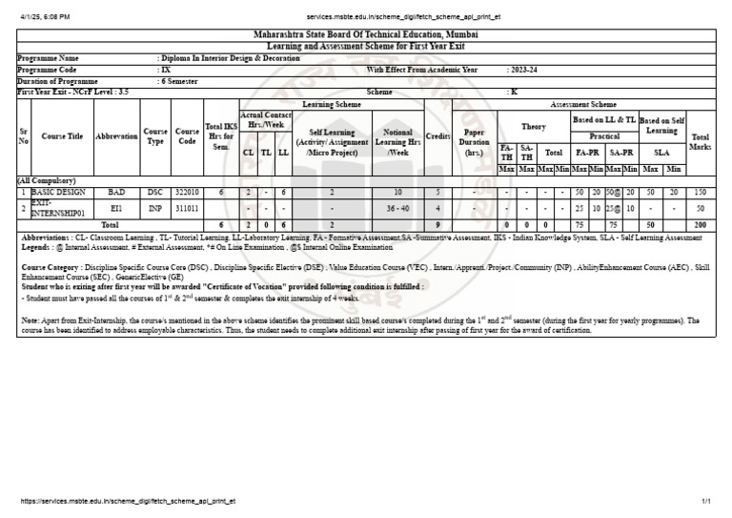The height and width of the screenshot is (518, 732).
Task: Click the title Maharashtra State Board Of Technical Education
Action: point(366,34)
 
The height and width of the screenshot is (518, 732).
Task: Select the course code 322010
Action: point(187,192)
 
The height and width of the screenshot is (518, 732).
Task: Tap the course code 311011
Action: point(187,207)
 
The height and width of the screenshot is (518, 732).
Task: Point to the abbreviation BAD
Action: point(116,192)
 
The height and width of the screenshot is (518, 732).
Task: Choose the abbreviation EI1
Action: point(116,207)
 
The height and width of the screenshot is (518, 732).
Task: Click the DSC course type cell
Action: point(155,192)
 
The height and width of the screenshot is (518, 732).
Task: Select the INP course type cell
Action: point(155,207)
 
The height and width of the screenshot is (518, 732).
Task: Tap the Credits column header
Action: point(437,136)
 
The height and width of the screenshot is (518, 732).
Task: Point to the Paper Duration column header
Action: point(474,142)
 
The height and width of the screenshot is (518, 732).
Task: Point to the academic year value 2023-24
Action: point(523,70)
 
